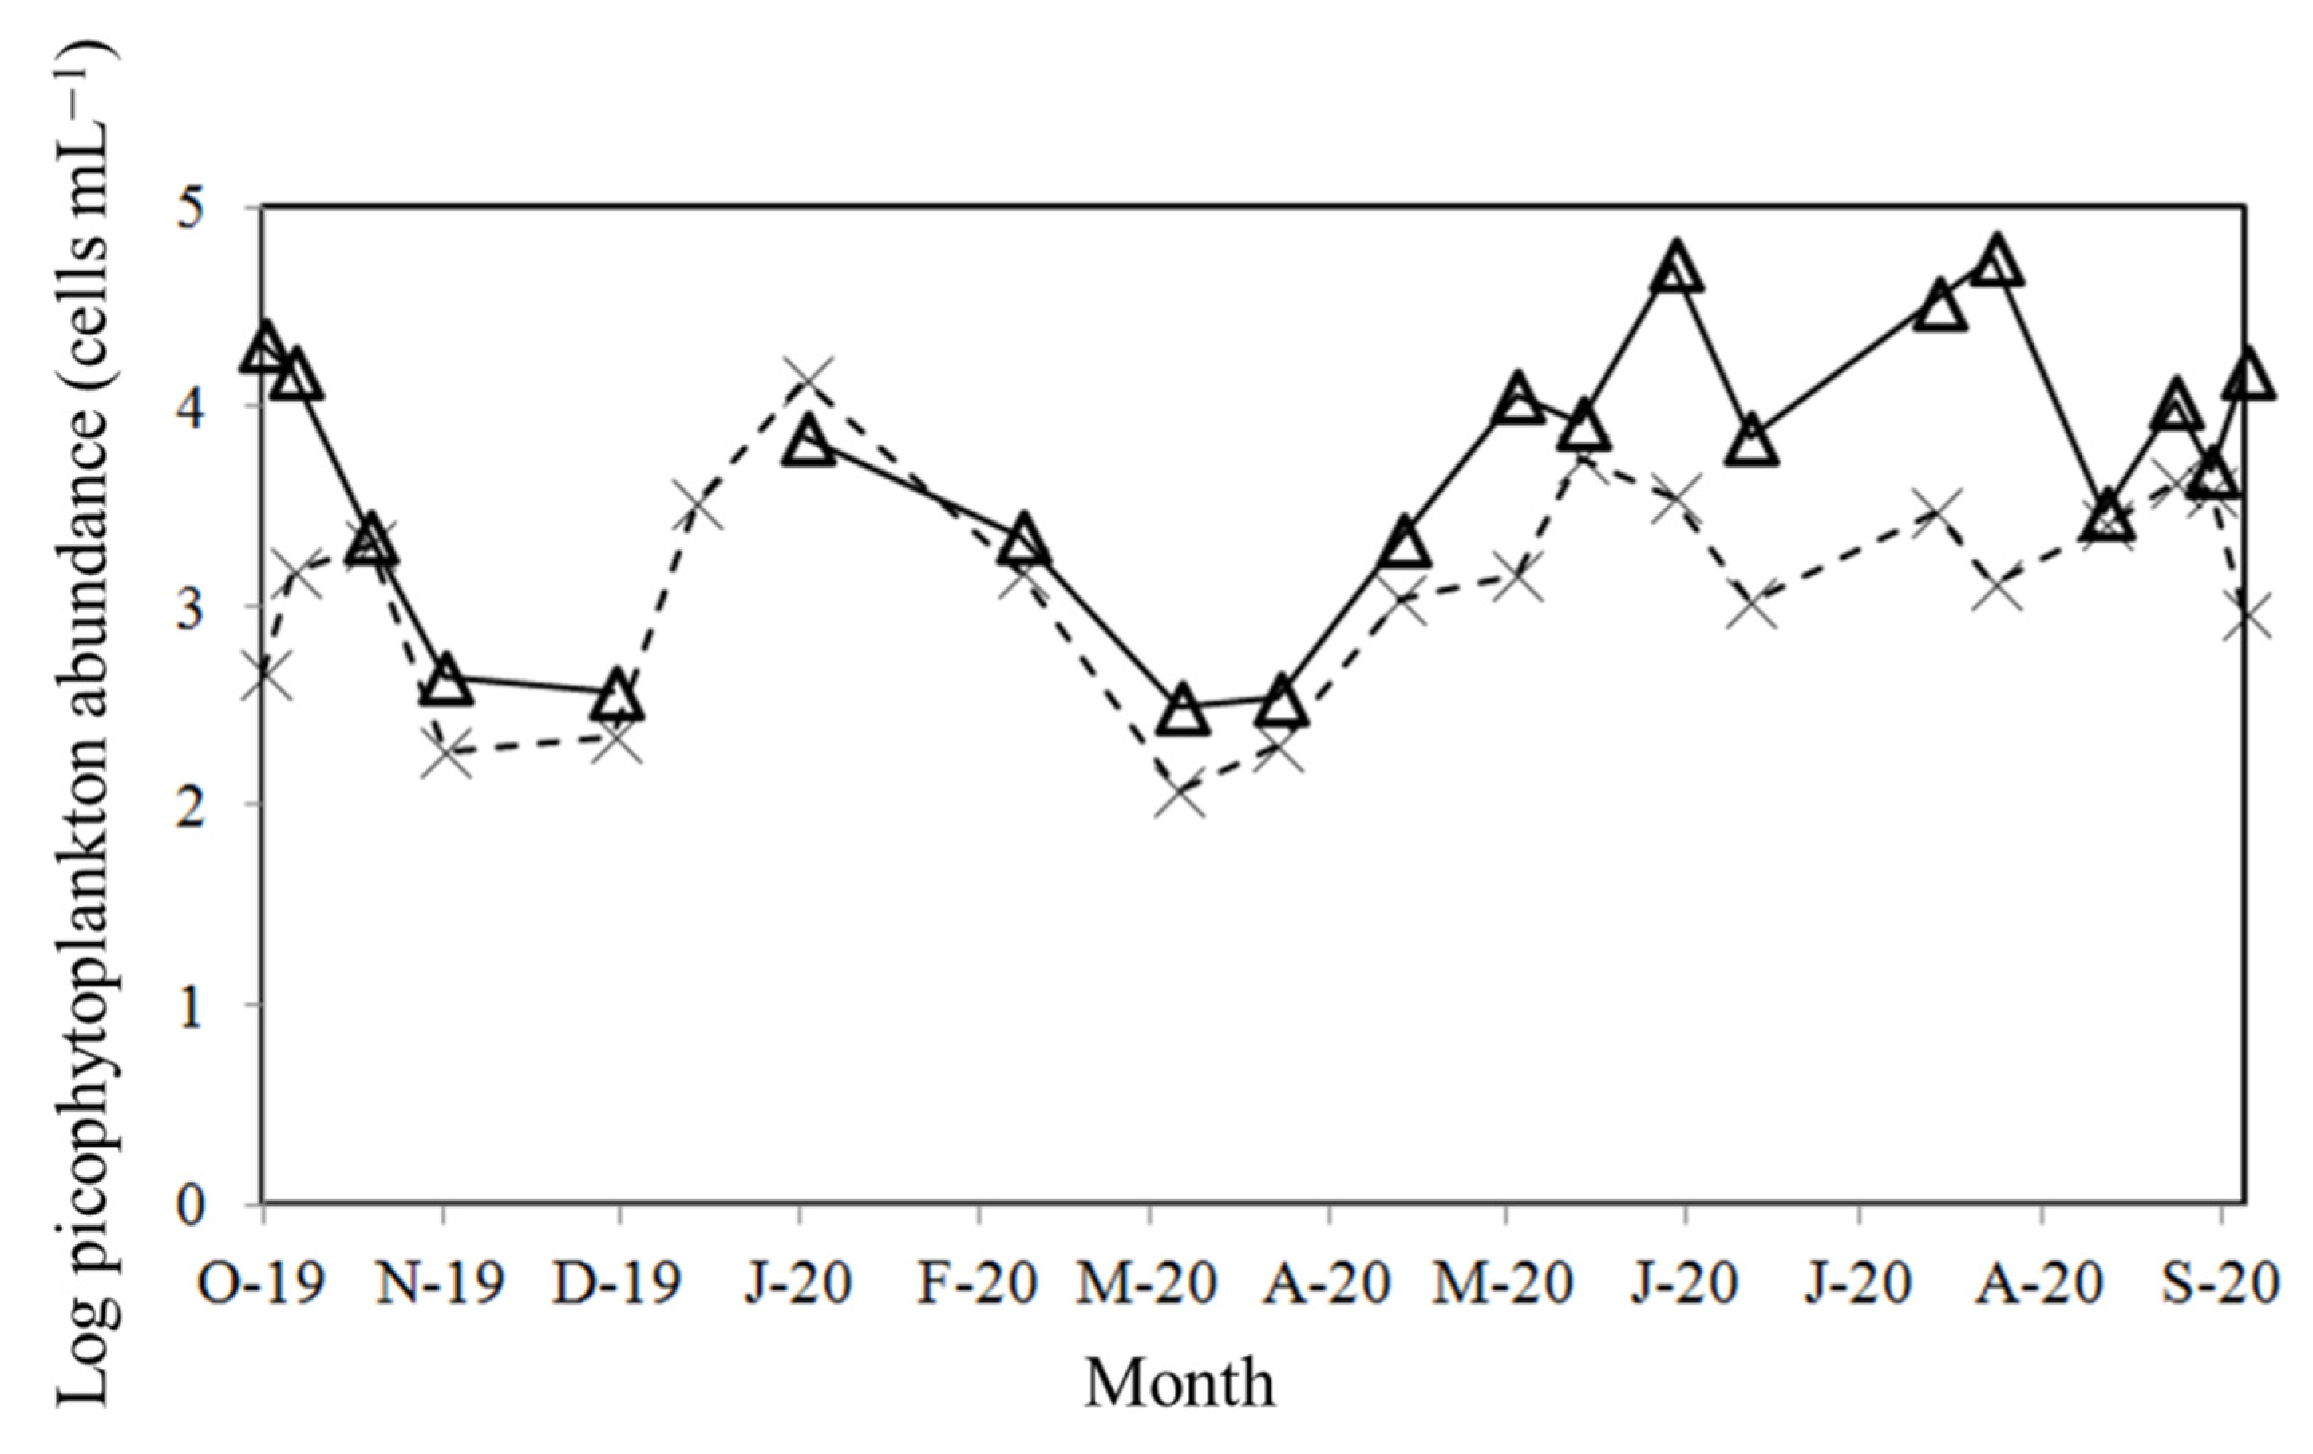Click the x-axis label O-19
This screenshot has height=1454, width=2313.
[261, 1283]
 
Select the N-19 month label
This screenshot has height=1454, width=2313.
[441, 1283]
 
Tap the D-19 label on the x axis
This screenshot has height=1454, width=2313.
[618, 1283]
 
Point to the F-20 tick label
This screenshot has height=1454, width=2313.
[978, 1283]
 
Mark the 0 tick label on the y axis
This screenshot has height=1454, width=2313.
[223, 1204]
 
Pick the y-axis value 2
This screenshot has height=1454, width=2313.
[223, 806]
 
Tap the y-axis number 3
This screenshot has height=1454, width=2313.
[223, 606]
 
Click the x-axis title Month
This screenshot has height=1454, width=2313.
[1180, 1384]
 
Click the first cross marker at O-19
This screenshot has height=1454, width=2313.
[263, 675]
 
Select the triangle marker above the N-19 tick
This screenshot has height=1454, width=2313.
[448, 682]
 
